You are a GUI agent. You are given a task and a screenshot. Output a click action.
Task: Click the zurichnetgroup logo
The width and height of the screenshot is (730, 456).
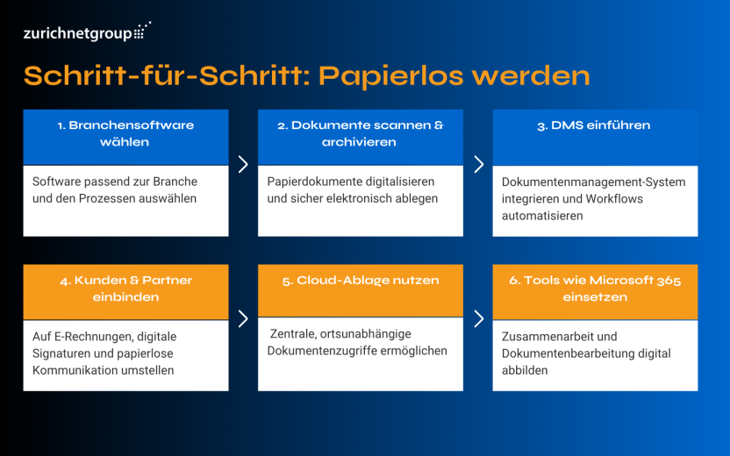(x=86, y=33)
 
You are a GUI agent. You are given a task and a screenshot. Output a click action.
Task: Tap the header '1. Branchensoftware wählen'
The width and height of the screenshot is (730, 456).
(x=125, y=133)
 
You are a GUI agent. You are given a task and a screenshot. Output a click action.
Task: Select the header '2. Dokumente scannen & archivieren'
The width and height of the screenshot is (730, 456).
(x=360, y=133)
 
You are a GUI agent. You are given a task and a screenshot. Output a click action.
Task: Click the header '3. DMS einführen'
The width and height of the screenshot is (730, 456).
(x=594, y=125)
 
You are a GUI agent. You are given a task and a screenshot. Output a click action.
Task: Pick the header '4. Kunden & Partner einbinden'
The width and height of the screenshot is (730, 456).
(x=125, y=289)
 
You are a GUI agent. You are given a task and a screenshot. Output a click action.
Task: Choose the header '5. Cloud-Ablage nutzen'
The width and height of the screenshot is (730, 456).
(x=360, y=281)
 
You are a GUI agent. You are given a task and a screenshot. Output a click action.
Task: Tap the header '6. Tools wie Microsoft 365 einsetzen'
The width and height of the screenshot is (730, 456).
(x=594, y=289)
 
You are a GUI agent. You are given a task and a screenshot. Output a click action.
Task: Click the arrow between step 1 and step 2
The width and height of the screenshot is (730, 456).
(x=243, y=164)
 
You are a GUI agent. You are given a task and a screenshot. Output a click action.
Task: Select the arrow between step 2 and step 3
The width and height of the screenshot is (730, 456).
(x=478, y=164)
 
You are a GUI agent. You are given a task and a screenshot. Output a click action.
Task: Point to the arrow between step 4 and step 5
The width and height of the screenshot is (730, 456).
(x=243, y=318)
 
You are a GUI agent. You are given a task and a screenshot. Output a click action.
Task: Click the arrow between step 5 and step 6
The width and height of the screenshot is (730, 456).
(x=478, y=318)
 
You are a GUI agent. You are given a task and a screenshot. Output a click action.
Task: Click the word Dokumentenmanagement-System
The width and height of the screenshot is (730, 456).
(x=593, y=182)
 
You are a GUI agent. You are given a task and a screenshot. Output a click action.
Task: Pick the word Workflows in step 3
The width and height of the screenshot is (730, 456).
(x=615, y=199)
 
